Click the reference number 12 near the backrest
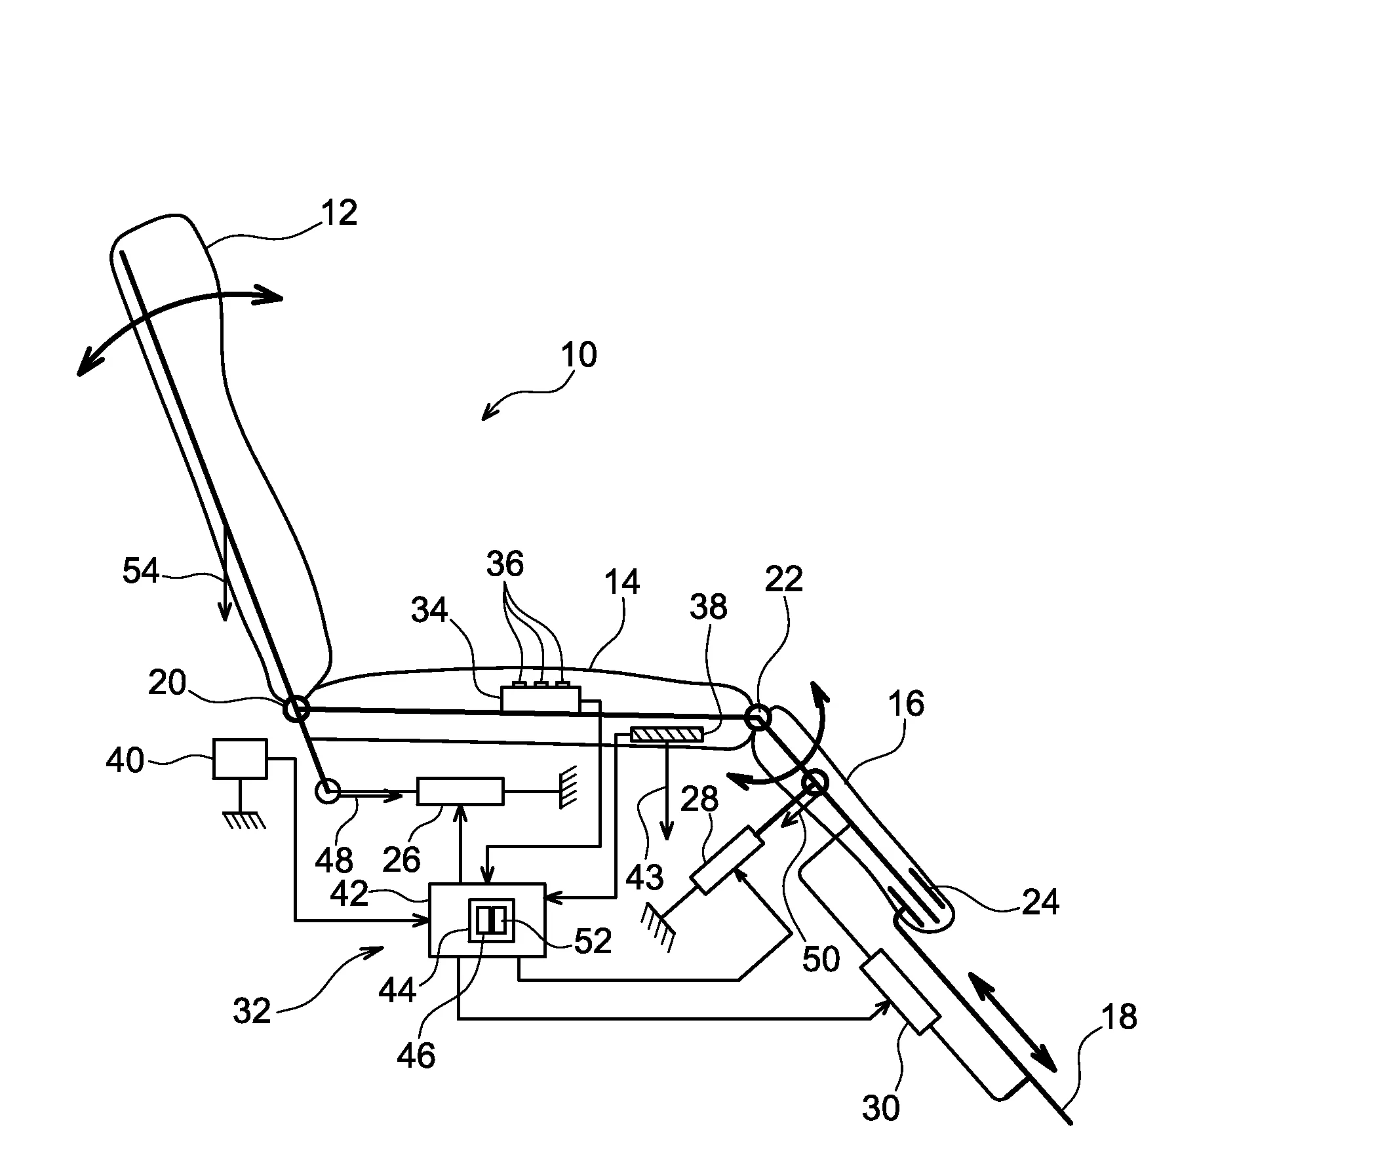[339, 213]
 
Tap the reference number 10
[578, 355]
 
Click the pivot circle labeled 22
[757, 717]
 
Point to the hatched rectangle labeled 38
[665, 735]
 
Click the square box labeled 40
[239, 758]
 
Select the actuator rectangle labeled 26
[460, 791]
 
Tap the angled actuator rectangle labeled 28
[728, 860]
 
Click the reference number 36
[505, 564]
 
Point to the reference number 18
[1119, 1017]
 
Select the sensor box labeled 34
[540, 699]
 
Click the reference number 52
[592, 941]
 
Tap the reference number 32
[252, 1012]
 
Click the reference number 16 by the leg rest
[906, 703]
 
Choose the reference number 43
[644, 877]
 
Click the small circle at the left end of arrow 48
[328, 791]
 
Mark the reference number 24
[1040, 902]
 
